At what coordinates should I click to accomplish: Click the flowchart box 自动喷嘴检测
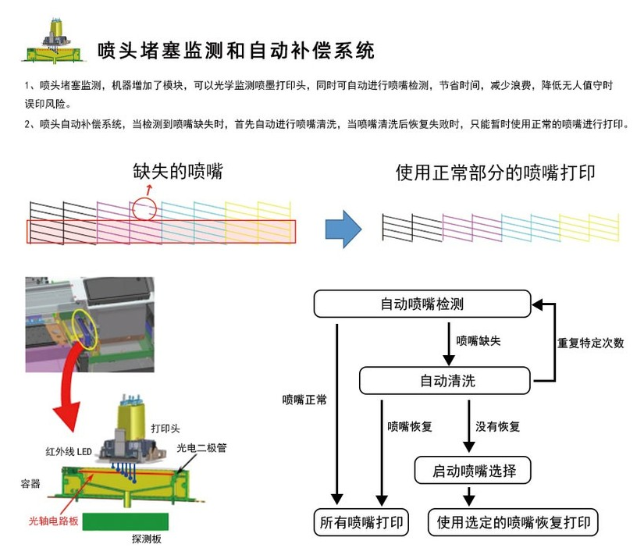click(x=422, y=304)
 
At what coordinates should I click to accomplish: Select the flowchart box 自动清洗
click(x=445, y=382)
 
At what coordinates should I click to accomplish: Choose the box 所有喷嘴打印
click(x=361, y=522)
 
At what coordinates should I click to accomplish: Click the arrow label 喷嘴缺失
click(x=479, y=341)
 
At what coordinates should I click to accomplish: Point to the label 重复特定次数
click(x=590, y=343)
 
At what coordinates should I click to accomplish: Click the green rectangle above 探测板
click(x=126, y=521)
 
